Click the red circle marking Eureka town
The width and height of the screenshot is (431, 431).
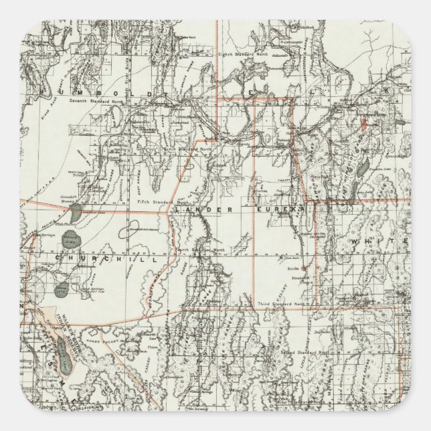(x=304, y=268)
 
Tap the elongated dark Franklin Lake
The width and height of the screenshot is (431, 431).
(x=363, y=167)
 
